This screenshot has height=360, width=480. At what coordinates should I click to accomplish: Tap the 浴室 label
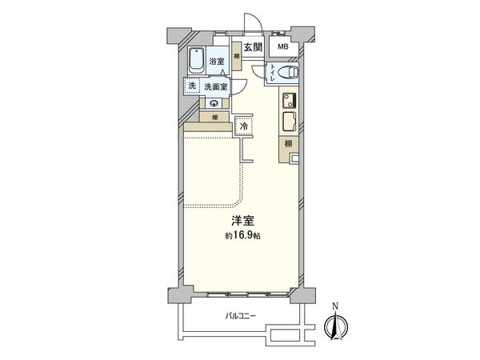[x=217, y=62]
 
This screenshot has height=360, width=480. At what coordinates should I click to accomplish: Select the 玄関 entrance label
[x=254, y=48]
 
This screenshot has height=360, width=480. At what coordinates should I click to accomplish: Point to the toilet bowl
[x=290, y=72]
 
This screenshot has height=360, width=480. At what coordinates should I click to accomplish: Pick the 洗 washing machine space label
[x=192, y=86]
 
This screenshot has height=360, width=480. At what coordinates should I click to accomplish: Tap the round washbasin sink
[x=214, y=103]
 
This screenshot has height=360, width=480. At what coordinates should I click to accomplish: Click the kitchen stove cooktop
[x=289, y=102]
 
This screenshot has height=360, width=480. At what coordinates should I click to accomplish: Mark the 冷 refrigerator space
[x=242, y=126]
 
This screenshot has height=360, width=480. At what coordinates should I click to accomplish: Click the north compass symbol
[x=336, y=328]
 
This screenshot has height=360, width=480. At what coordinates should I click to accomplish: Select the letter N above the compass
[x=336, y=306]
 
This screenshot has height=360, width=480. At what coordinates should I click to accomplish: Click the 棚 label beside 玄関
[x=237, y=55]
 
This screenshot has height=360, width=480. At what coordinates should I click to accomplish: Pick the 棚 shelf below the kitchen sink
[x=288, y=145]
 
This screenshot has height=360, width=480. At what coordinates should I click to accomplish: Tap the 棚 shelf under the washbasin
[x=214, y=117]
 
